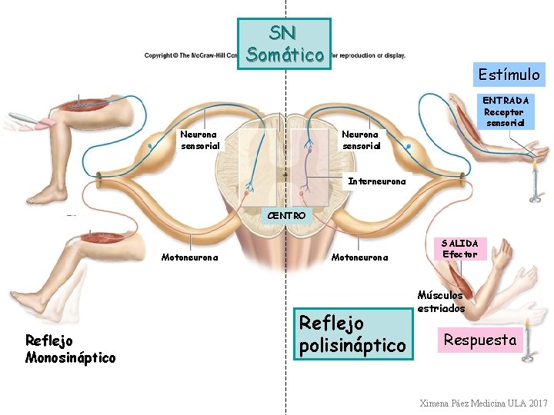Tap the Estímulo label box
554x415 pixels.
(x=509, y=75)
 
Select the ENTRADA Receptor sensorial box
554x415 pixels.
(x=505, y=111)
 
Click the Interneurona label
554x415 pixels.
(x=377, y=182)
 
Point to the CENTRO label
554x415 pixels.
(x=285, y=215)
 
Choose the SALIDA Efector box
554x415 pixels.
(x=460, y=249)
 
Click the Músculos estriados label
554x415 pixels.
(x=441, y=301)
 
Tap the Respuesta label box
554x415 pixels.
(x=480, y=340)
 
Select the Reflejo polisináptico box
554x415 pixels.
(x=352, y=334)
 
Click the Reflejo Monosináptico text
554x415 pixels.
(x=70, y=348)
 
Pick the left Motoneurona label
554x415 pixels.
(x=189, y=257)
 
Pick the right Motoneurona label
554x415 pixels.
(x=359, y=257)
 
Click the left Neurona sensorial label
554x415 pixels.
(x=200, y=140)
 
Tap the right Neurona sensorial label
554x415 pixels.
(x=361, y=140)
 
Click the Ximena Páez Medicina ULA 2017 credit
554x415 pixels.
(x=483, y=403)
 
